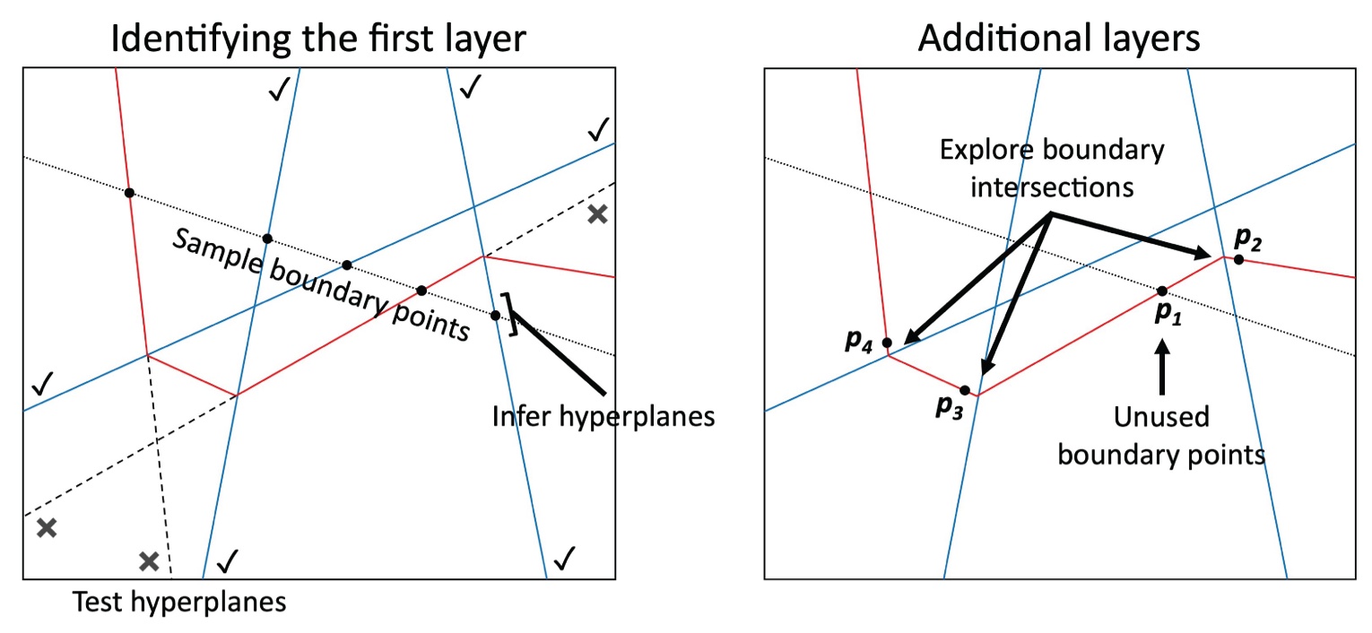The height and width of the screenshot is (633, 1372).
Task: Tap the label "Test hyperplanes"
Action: point(179,602)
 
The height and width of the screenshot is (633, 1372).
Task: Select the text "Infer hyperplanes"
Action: point(604,416)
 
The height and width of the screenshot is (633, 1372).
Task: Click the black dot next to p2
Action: point(1238,260)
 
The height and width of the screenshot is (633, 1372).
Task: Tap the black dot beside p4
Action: point(887,343)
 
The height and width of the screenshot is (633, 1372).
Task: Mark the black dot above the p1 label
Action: point(1162,291)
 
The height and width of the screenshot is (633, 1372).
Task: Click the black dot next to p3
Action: point(965,390)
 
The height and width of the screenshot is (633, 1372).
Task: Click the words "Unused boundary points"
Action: point(1161,436)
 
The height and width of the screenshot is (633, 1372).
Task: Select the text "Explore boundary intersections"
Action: point(1051,169)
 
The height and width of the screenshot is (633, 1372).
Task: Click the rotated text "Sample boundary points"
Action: point(321,285)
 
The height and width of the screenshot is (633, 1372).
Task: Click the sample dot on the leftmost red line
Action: point(129,193)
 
